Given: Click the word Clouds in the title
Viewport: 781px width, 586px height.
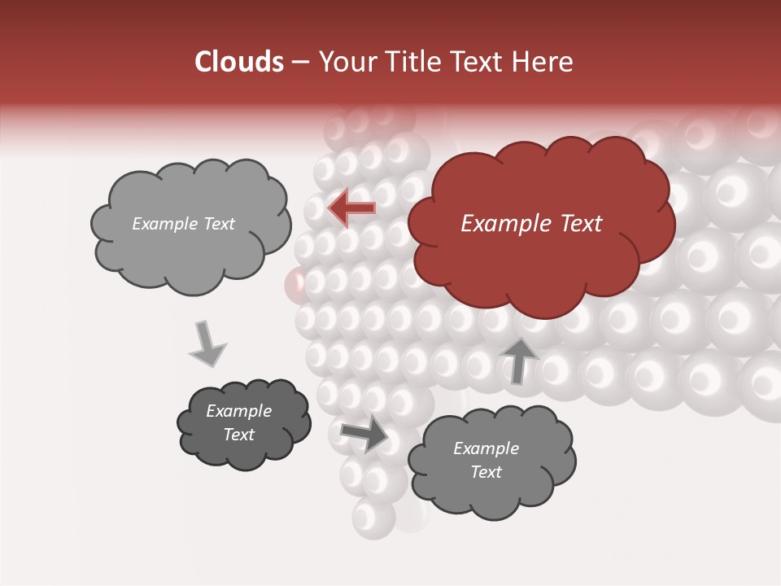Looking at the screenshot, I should (x=238, y=62).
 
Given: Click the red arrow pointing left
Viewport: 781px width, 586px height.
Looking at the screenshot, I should (x=351, y=208).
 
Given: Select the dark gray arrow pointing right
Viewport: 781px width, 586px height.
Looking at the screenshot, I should (x=365, y=432).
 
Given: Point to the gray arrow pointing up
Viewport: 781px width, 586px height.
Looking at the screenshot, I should (x=518, y=360).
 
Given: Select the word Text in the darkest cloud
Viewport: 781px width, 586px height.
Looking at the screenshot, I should (x=238, y=435).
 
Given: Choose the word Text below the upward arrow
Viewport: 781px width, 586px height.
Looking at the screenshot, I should (x=486, y=472).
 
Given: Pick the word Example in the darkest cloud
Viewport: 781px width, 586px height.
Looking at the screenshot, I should (x=238, y=411).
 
